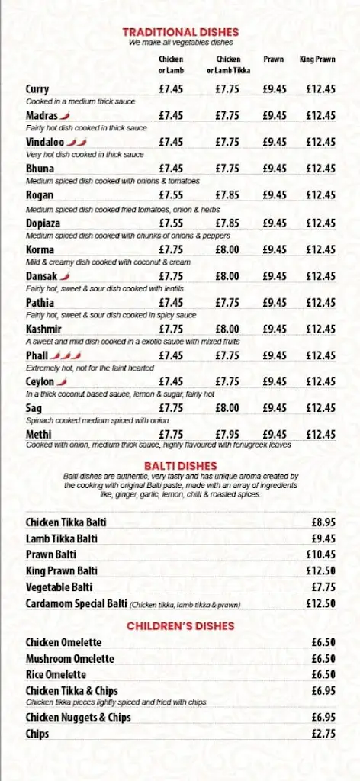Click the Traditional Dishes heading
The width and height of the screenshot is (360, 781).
[x=181, y=32]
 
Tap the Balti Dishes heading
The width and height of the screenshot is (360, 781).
[x=181, y=465]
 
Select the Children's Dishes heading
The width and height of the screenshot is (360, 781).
[x=181, y=626]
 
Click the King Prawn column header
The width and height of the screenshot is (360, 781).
[x=317, y=59]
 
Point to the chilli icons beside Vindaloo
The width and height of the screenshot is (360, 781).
[x=77, y=142]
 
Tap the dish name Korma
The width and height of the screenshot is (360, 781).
[x=40, y=249]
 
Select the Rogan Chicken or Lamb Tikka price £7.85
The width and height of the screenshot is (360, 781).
[x=227, y=194]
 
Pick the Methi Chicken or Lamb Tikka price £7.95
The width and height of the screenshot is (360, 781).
[x=227, y=434]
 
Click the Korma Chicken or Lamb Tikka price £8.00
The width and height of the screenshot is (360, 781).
[x=227, y=249]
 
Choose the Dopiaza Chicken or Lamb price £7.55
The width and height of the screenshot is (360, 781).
[x=171, y=223]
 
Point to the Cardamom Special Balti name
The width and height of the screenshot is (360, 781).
[x=76, y=603]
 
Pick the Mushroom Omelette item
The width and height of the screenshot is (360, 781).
[x=69, y=658]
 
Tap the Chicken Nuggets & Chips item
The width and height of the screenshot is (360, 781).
[x=78, y=717]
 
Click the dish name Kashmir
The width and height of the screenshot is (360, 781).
[x=43, y=329]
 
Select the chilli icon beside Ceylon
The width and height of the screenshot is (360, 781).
[x=62, y=381]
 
